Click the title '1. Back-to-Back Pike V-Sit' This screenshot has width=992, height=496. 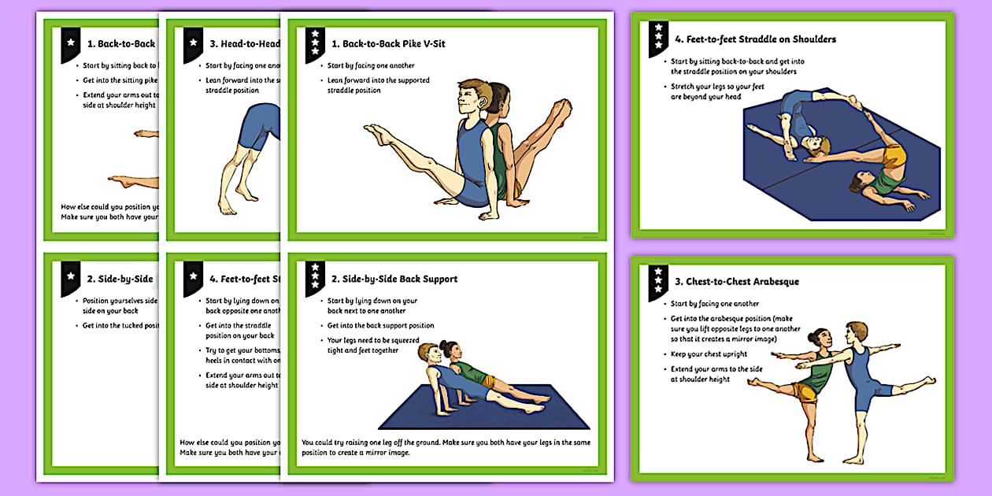[x=387, y=43]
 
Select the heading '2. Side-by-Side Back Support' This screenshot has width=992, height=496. [x=394, y=279]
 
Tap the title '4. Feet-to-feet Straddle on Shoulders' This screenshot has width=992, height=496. [x=755, y=39]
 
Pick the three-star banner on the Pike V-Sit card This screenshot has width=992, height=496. [x=315, y=44]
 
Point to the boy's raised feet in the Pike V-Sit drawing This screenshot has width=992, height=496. [x=378, y=135]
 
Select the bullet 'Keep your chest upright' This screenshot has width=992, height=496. [x=709, y=353]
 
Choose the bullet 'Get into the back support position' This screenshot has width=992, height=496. [x=380, y=325]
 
